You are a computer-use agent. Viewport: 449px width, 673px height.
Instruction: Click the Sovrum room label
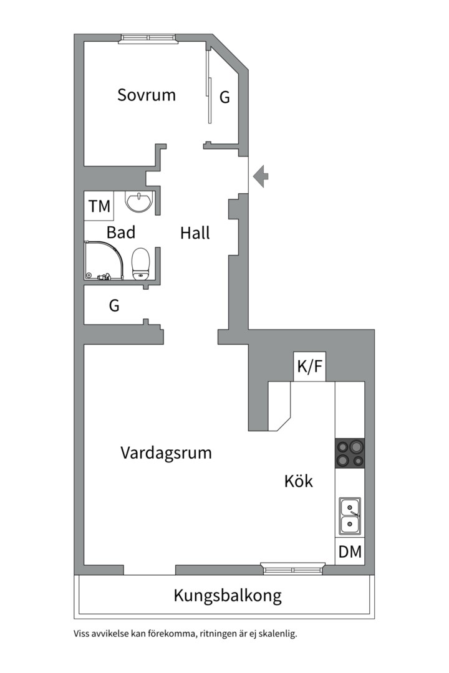pyautogui.click(x=147, y=95)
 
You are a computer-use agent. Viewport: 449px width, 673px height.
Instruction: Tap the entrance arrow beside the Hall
pyautogui.click(x=262, y=176)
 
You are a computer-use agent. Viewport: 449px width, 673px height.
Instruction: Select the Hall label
pyautogui.click(x=195, y=233)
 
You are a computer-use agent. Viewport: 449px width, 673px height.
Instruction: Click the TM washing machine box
pyautogui.click(x=99, y=206)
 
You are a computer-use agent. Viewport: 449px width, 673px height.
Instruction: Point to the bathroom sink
pyautogui.click(x=138, y=201)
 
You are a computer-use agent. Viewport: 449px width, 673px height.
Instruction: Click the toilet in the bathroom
pyautogui.click(x=142, y=263)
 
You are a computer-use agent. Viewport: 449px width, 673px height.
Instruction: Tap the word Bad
pyautogui.click(x=121, y=232)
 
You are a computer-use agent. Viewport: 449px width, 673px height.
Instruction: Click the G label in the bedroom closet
pyautogui.click(x=224, y=97)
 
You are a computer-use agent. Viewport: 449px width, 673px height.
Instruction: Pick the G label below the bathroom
pyautogui.click(x=114, y=306)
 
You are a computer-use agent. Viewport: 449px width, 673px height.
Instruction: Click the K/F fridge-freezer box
pyautogui.click(x=310, y=367)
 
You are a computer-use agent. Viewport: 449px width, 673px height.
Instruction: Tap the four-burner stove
pyautogui.click(x=350, y=454)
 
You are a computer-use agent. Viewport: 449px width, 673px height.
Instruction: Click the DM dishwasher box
pyautogui.click(x=350, y=551)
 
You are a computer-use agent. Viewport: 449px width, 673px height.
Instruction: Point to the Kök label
pyautogui.click(x=299, y=482)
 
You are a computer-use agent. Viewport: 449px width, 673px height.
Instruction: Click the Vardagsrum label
pyautogui.click(x=166, y=452)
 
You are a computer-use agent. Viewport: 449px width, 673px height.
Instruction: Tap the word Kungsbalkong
pyautogui.click(x=228, y=596)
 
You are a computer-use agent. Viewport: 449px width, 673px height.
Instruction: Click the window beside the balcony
pyautogui.click(x=293, y=567)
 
